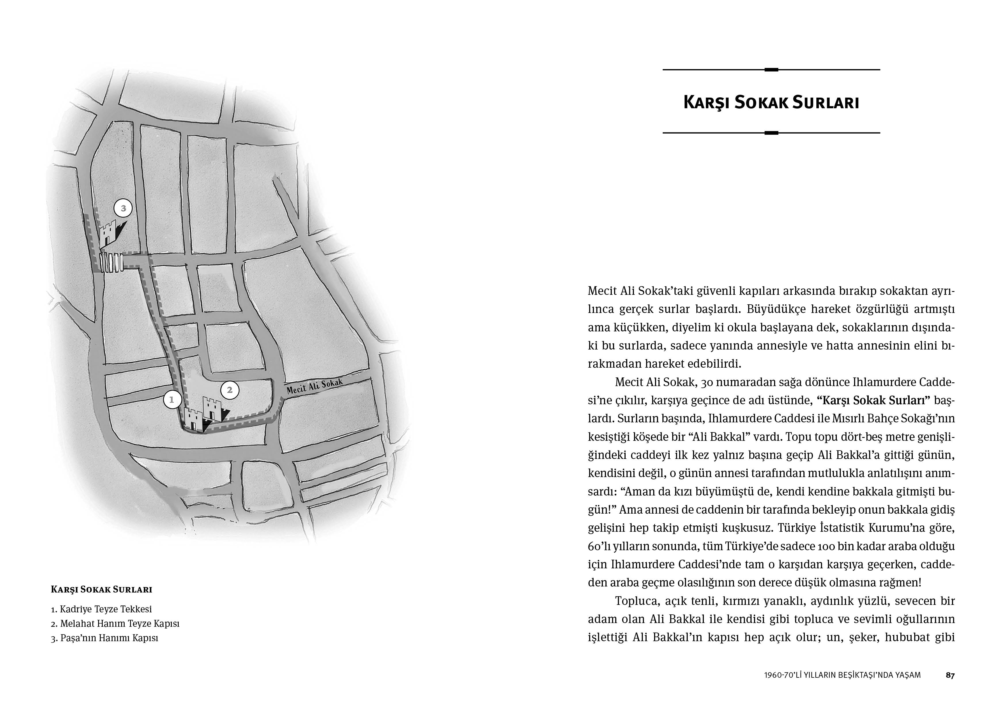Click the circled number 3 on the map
pyautogui.click(x=123, y=208)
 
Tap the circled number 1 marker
pyautogui.click(x=172, y=400)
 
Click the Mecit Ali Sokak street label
pyautogui.click(x=314, y=387)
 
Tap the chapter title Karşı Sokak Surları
pyautogui.click(x=771, y=102)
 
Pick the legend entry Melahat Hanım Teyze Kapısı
pyautogui.click(x=115, y=623)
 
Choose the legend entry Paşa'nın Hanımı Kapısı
pyautogui.click(x=104, y=638)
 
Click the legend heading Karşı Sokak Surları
pyautogui.click(x=102, y=590)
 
